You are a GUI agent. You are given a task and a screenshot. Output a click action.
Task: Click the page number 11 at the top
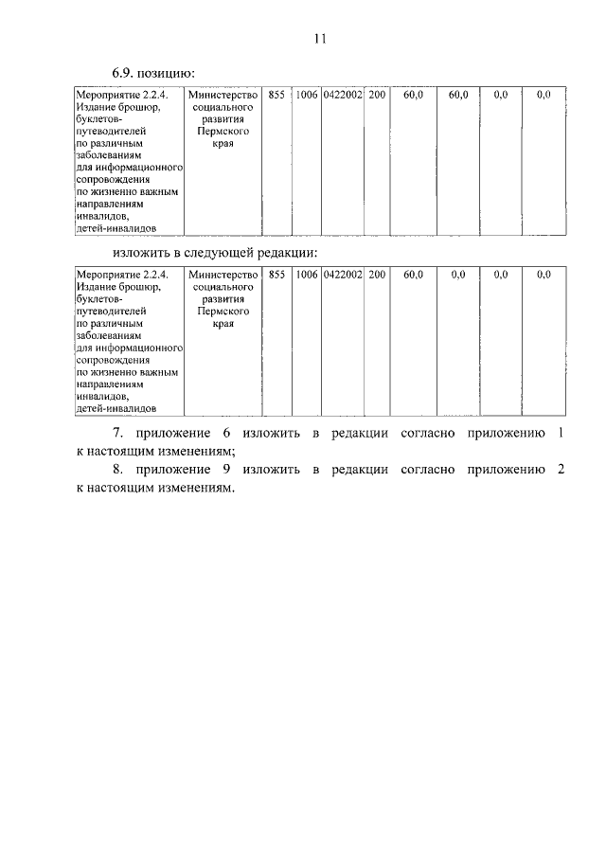tap(318, 39)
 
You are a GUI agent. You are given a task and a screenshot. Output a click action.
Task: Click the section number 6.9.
tap(125, 72)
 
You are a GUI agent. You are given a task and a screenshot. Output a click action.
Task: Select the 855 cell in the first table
tap(276, 95)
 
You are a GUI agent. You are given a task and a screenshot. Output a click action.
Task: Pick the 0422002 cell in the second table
tap(342, 275)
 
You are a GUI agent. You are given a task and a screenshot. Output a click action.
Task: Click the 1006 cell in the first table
tap(307, 95)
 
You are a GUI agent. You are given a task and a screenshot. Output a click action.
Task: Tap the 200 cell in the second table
tap(377, 275)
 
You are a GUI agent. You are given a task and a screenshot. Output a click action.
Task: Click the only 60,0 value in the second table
tap(413, 275)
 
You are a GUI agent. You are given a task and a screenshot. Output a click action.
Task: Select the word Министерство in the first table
tap(223, 95)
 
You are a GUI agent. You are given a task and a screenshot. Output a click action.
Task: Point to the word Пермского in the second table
tap(223, 311)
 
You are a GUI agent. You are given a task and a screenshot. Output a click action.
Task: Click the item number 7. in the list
tap(117, 434)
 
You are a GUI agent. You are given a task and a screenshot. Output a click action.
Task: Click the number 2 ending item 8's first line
tap(561, 470)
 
